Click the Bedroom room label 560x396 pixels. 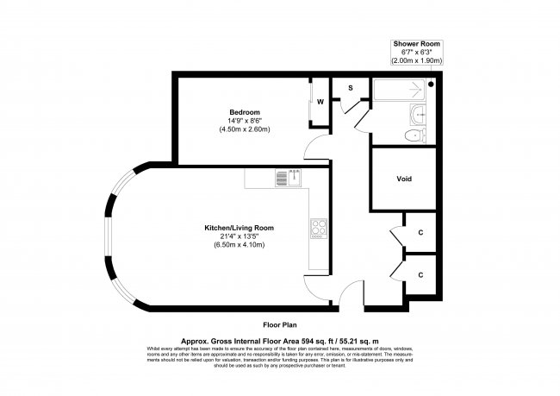240,112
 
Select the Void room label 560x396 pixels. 404,179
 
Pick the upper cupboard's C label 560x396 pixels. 420,233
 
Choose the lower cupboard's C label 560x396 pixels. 420,274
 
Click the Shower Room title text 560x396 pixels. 417,43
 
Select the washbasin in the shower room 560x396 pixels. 419,113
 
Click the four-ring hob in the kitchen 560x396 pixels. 317,228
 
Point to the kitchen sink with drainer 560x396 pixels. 287,178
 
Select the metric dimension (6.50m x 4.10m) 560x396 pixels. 239,245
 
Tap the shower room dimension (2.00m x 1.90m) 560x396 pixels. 418,62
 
